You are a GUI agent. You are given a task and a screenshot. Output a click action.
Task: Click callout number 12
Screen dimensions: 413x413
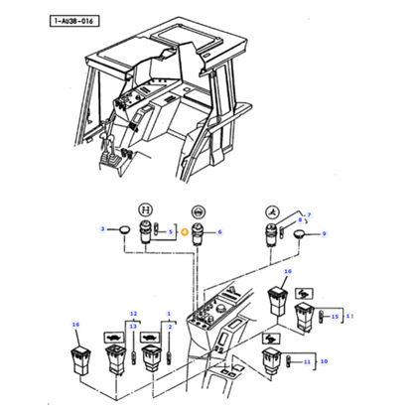132,314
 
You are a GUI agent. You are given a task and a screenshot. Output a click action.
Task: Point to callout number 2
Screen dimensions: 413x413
170,325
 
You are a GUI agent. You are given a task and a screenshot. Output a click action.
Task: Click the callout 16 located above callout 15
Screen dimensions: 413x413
288,270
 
